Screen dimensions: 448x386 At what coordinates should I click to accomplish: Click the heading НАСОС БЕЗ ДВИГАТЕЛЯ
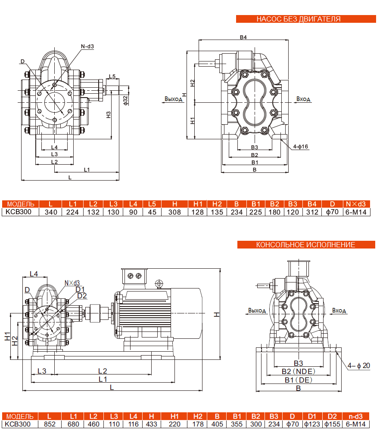[x=299, y=19]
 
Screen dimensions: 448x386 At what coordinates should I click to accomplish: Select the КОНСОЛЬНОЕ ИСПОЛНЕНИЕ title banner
[x=305, y=245]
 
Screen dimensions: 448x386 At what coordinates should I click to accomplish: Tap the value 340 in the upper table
[x=51, y=212]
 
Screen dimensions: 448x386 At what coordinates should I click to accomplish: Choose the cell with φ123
[x=311, y=424]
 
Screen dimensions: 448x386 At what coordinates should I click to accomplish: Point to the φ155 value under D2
[x=332, y=424]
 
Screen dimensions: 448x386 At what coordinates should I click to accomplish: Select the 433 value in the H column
[x=151, y=424]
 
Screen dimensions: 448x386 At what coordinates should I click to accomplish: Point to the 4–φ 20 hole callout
[x=359, y=365]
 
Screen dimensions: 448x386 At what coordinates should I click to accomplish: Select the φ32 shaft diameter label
[x=125, y=100]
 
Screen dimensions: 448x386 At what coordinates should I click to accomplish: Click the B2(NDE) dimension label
[x=298, y=371]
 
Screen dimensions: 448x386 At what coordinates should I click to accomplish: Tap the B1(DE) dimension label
[x=298, y=380]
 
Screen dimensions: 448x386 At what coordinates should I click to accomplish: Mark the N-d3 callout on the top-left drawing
[x=87, y=46]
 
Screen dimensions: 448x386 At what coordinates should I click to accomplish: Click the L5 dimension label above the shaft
[x=112, y=77]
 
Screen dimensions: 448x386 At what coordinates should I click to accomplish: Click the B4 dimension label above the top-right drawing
[x=243, y=37]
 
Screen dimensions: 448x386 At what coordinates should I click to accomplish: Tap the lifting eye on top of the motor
[x=159, y=283]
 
